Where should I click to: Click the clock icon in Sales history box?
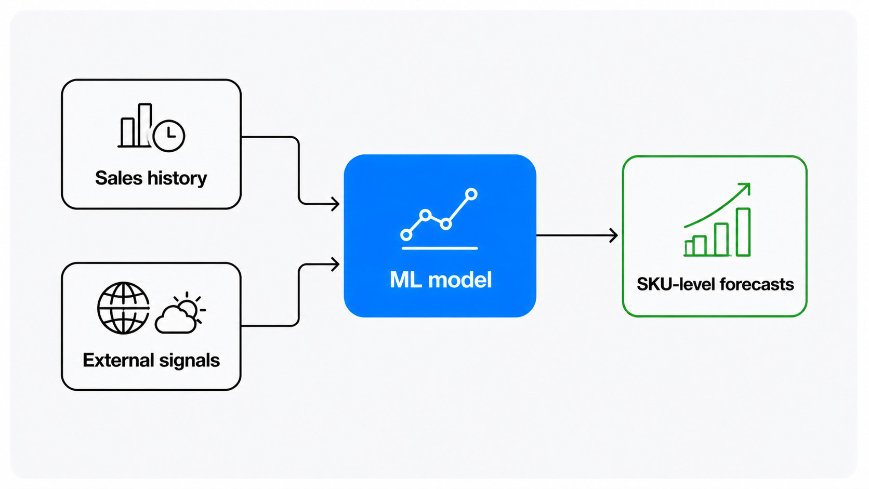click(169, 136)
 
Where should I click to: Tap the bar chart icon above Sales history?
click(135, 125)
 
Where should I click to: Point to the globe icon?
click(123, 308)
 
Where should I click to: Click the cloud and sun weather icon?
click(180, 313)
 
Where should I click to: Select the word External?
click(118, 360)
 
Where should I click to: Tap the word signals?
click(189, 361)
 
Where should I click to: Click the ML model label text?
click(441, 280)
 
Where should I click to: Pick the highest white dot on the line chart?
click(471, 194)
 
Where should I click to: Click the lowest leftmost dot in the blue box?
click(406, 234)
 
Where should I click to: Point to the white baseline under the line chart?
click(440, 248)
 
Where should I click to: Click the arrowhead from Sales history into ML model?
click(335, 204)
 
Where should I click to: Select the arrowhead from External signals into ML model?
click(335, 265)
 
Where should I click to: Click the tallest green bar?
click(743, 232)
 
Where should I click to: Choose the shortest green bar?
click(689, 248)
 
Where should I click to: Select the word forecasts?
click(757, 284)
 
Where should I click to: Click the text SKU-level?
click(677, 284)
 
